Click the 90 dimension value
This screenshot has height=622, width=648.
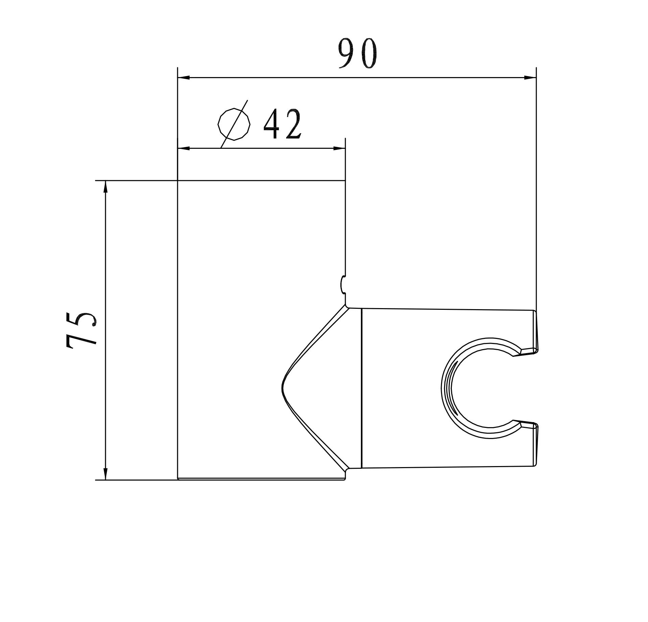[357, 53]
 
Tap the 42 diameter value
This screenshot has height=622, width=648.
[282, 124]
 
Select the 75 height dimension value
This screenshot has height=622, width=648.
[82, 330]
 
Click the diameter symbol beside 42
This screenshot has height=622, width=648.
[234, 124]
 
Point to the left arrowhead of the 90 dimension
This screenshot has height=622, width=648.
[183, 77]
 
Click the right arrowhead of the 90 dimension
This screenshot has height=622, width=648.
[530, 77]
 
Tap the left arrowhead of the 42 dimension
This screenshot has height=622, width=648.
[183, 148]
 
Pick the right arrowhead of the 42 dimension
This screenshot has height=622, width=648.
[340, 148]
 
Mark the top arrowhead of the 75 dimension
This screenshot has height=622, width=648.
[106, 186]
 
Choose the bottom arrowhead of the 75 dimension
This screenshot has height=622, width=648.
[106, 474]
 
